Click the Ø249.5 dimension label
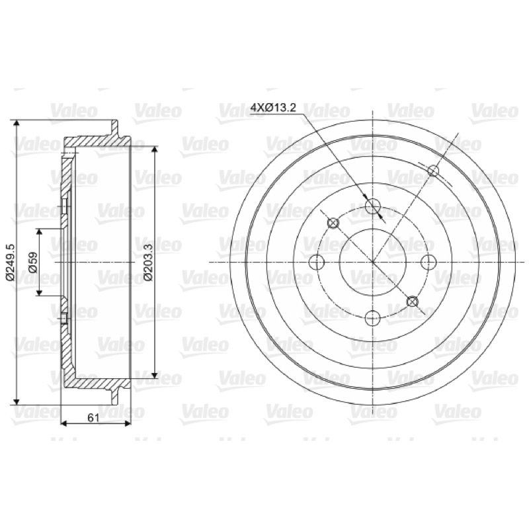pos(10,262)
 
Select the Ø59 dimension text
pos(32,262)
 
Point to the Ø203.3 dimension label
pos(148,262)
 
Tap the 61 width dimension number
pos(93,418)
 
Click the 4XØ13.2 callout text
pos(273,107)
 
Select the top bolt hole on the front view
pos(373,206)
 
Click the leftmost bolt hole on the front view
pos(317,262)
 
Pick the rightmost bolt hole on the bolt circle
pos(428,262)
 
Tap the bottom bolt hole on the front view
pos(373,318)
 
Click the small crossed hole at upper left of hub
pos(333,223)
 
